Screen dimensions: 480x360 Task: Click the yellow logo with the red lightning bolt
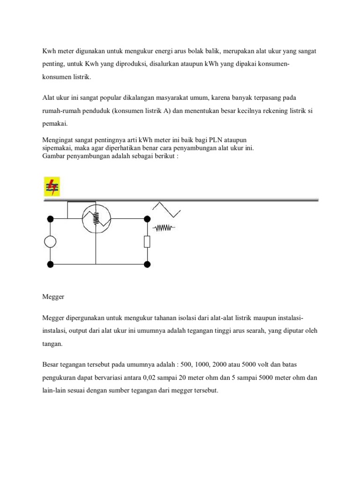coord(52,186)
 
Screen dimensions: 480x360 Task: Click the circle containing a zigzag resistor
coord(96,218)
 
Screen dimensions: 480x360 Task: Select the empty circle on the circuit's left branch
coord(50,241)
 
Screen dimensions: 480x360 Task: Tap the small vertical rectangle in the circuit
coord(147,241)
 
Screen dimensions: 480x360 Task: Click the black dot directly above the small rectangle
coord(147,218)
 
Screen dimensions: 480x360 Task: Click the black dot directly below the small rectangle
coord(147,264)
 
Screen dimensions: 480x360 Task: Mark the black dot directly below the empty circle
coord(50,264)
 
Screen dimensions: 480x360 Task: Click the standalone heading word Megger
coord(52,297)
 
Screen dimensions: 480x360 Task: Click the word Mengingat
coord(59,140)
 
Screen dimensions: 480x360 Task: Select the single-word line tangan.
coord(52,344)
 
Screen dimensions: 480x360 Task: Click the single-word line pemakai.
coord(54,124)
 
